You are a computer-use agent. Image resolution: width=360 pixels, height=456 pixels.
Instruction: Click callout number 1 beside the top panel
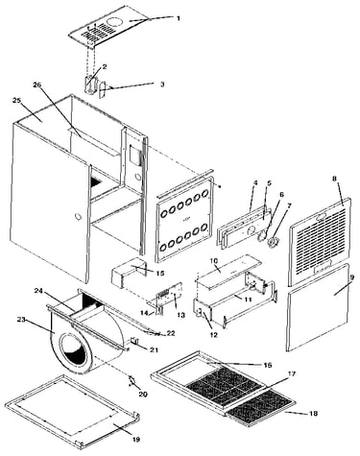point(179,18)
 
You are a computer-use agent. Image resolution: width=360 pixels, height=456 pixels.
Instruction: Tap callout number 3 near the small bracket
point(162,84)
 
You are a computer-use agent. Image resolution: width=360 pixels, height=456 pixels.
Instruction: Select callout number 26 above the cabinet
point(37,84)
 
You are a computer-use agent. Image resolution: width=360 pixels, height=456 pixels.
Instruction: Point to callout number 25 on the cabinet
point(16,101)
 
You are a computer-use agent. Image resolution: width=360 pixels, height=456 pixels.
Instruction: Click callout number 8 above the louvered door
point(334,179)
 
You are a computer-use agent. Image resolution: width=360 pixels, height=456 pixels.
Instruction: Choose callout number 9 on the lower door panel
point(351,277)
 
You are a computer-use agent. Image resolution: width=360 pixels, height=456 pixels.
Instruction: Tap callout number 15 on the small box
point(160,273)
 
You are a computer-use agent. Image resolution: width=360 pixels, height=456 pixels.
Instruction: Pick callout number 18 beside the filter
point(314,414)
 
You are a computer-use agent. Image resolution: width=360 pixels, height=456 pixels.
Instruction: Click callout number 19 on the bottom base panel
point(136,440)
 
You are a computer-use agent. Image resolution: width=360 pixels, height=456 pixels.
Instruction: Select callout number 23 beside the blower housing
point(21,319)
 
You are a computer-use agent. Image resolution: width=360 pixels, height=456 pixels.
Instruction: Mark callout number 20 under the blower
point(143,394)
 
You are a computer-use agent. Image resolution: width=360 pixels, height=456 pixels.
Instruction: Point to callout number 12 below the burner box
point(213,335)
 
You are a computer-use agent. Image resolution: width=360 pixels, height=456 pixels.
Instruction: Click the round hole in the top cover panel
point(115,22)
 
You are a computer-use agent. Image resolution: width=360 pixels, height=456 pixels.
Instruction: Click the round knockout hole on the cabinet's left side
point(78,216)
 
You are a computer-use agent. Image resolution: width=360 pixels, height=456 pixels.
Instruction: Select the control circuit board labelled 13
point(169,298)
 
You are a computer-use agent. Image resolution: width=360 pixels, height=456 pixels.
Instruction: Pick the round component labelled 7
point(272,243)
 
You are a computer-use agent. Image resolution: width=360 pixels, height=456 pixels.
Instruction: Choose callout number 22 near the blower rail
point(171,333)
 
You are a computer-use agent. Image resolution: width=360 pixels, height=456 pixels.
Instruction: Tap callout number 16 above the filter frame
point(268,365)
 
